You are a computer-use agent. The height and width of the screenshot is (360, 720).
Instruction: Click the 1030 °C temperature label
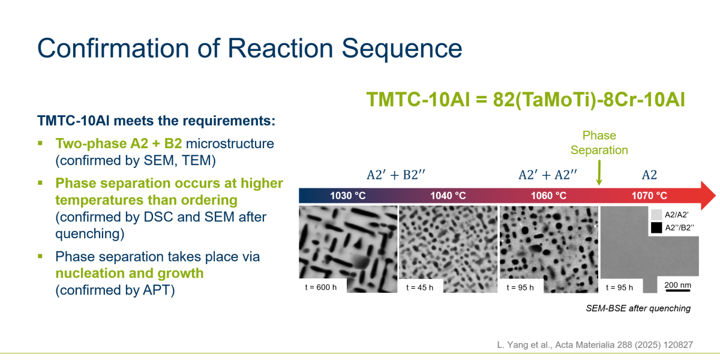(x=348, y=196)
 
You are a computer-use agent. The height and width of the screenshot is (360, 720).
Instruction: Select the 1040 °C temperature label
(x=448, y=196)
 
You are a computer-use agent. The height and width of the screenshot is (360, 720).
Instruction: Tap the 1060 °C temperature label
(x=548, y=196)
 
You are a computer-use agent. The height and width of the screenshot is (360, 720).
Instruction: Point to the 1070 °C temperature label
(x=649, y=196)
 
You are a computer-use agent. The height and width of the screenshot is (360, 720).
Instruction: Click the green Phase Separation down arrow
(x=599, y=173)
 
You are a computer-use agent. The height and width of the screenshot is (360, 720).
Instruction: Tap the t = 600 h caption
(x=321, y=287)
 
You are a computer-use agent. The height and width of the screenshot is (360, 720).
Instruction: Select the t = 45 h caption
(x=419, y=287)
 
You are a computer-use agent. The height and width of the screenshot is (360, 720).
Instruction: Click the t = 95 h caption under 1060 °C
(x=520, y=287)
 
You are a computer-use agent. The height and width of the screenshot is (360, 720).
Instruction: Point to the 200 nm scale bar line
(x=678, y=290)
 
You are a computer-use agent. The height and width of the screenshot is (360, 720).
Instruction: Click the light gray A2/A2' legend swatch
(x=656, y=215)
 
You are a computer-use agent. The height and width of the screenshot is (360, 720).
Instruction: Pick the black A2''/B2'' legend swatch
(x=656, y=227)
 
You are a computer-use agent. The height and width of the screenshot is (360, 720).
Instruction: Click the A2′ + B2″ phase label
(x=395, y=175)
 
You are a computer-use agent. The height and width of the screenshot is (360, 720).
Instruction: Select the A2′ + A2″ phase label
(x=548, y=175)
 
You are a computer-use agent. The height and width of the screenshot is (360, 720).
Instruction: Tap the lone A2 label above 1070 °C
(x=649, y=175)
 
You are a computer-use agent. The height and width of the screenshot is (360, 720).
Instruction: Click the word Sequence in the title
(x=402, y=49)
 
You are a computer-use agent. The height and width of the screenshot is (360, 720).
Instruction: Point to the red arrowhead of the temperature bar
(x=707, y=196)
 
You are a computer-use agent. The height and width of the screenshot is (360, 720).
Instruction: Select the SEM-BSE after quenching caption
(x=638, y=308)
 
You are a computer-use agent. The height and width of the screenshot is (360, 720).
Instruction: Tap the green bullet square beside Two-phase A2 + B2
(x=40, y=143)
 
